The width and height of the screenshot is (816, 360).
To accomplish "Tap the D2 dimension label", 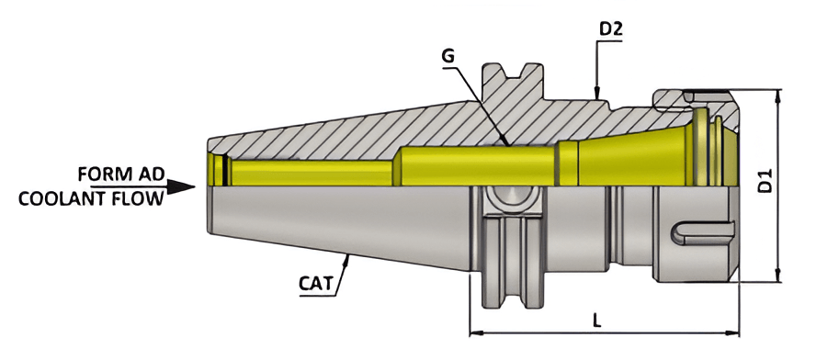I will pos(611,29).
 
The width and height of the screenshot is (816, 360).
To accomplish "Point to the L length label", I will pos(598,321).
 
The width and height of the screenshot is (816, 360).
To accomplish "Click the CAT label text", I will pos(315,282).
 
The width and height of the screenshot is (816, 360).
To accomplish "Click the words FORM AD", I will pos(119,174).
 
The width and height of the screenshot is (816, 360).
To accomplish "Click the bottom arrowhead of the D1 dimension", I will pos(779,276).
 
